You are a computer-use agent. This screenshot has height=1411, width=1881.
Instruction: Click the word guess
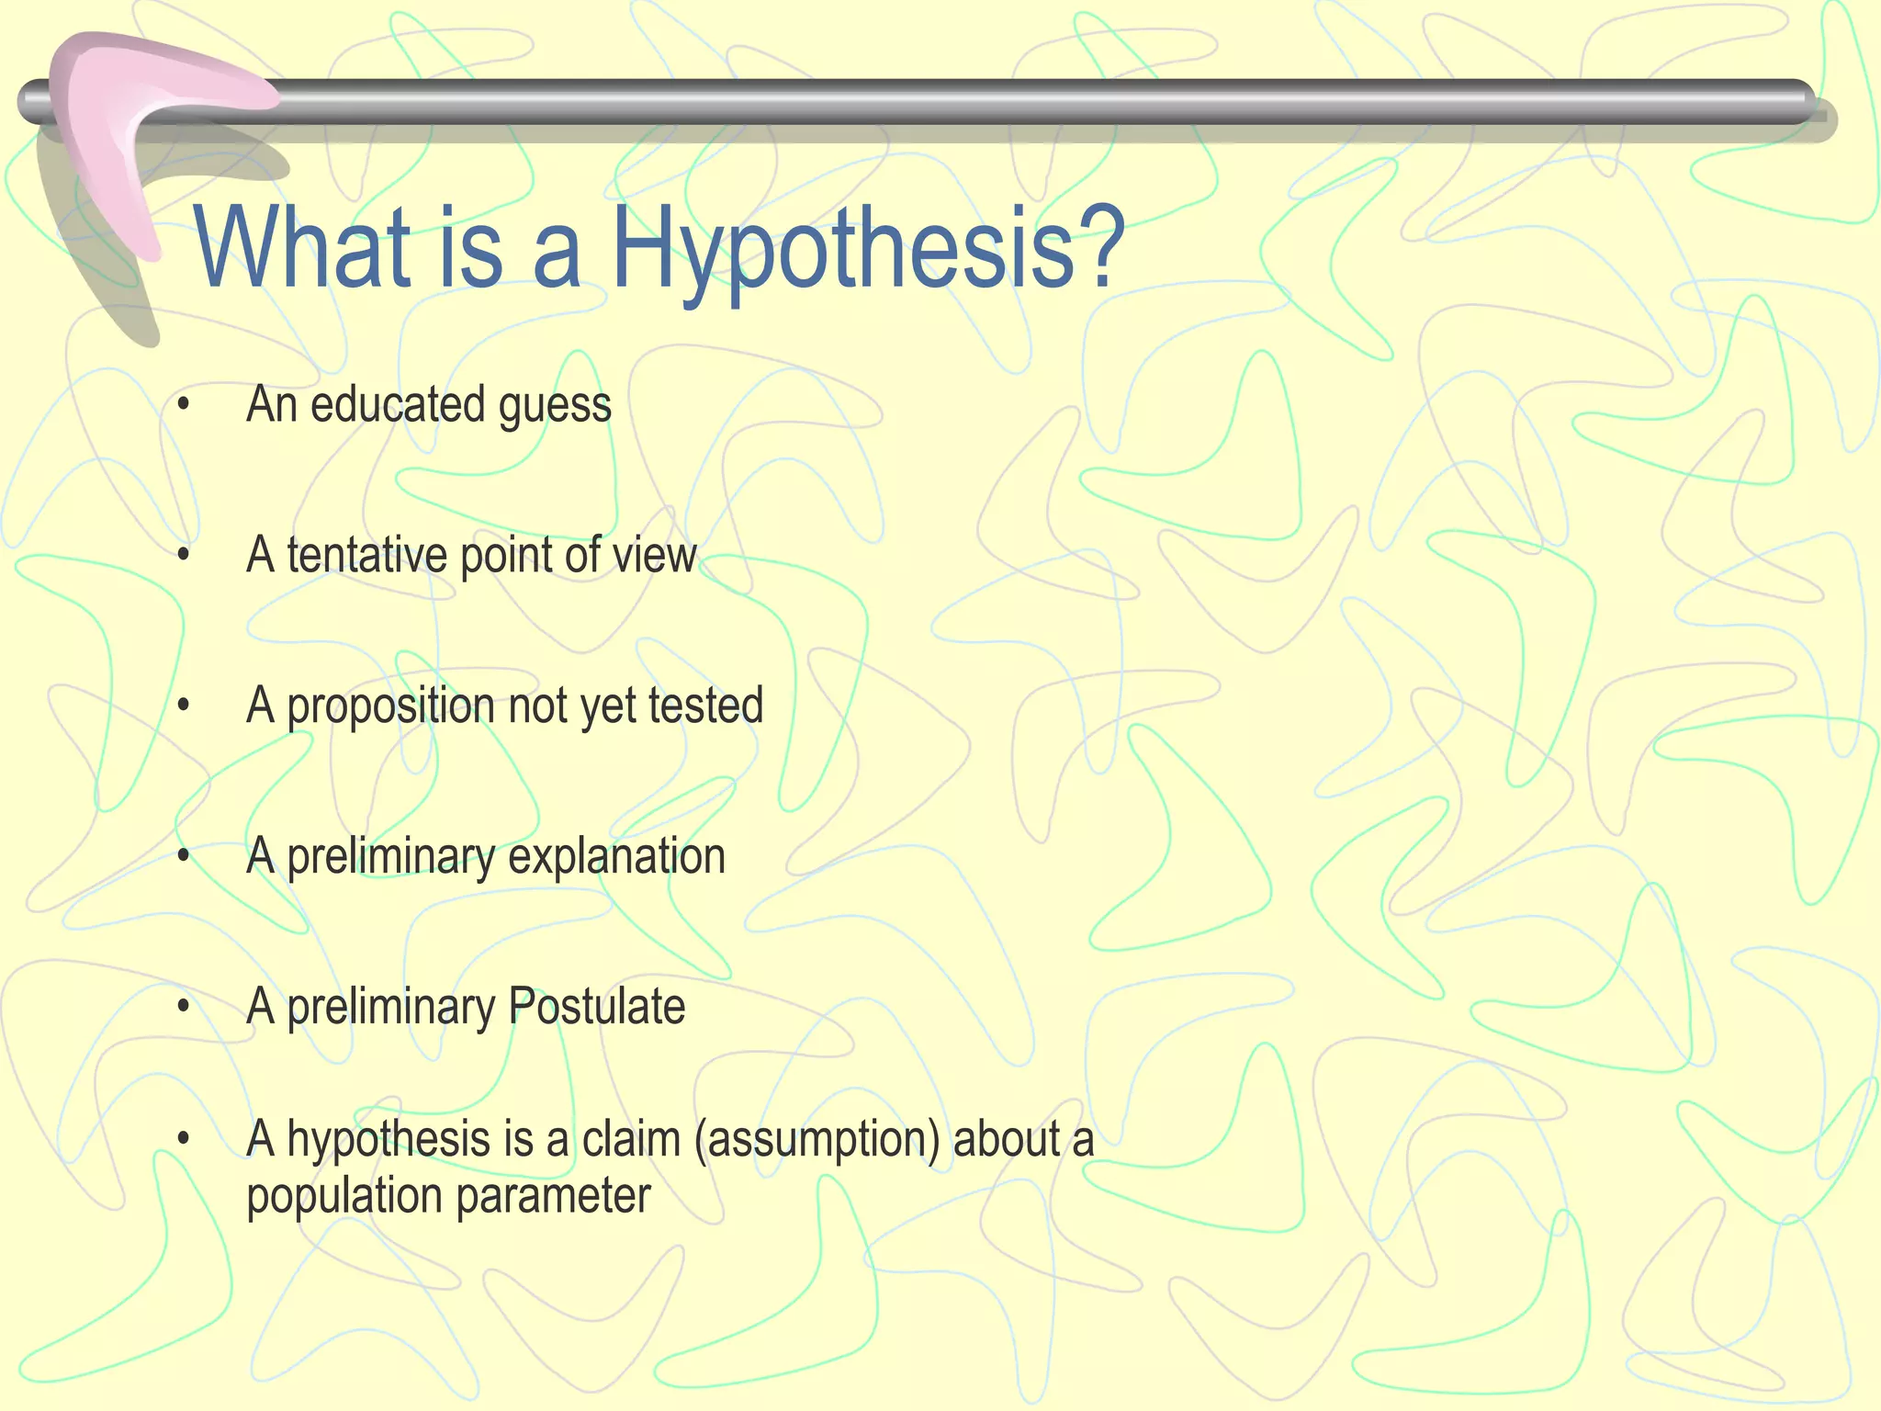pyautogui.click(x=555, y=407)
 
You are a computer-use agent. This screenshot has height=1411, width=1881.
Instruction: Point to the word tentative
pyautogui.click(x=366, y=556)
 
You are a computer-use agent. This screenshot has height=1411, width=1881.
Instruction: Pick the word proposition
pyautogui.click(x=391, y=707)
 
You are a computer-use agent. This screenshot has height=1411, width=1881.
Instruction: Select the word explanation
pyautogui.click(x=616, y=858)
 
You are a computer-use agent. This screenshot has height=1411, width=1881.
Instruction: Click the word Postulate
pyautogui.click(x=596, y=1007)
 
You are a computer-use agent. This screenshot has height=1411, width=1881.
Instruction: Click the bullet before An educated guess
pyautogui.click(x=184, y=405)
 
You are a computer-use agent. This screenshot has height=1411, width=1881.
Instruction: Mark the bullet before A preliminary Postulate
pyautogui.click(x=184, y=1007)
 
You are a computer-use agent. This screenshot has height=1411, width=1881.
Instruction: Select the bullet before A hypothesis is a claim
pyautogui.click(x=184, y=1140)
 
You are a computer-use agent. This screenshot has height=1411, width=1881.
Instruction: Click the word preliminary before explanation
pyautogui.click(x=391, y=858)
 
